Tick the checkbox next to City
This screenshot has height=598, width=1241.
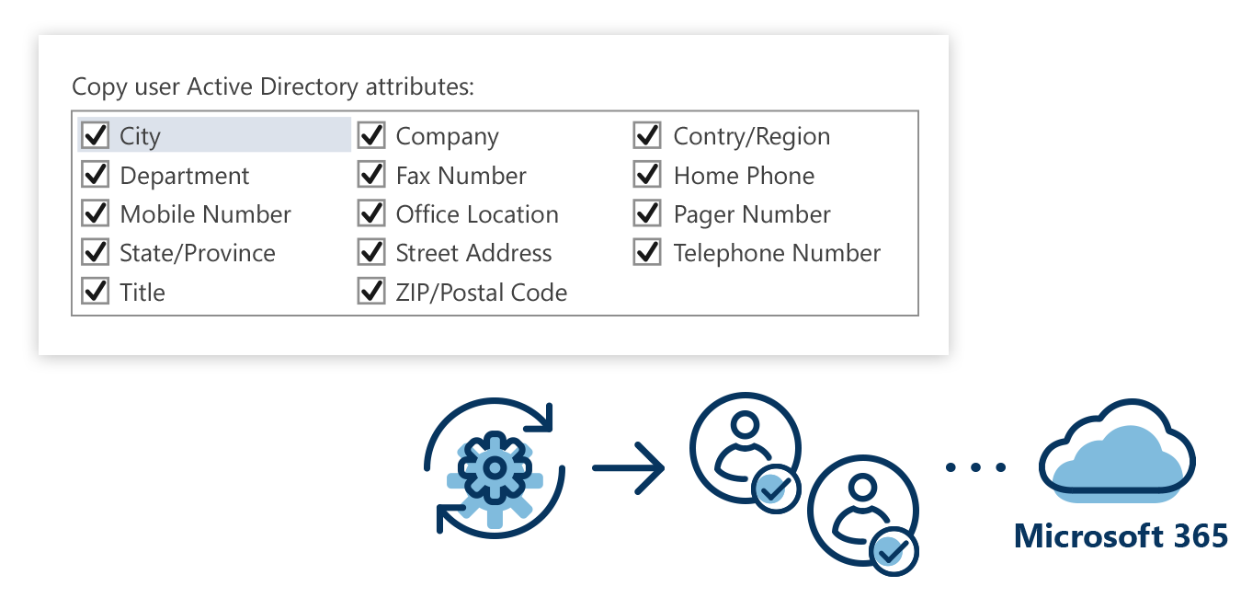click(96, 136)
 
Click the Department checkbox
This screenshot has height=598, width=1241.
click(96, 175)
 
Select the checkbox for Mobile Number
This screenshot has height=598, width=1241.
click(96, 213)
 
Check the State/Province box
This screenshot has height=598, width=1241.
click(96, 252)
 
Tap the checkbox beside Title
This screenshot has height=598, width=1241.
click(96, 292)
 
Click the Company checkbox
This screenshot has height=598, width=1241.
click(371, 136)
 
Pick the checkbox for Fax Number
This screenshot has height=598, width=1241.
click(371, 175)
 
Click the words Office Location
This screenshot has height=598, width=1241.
click(477, 214)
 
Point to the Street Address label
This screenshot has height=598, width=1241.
click(473, 253)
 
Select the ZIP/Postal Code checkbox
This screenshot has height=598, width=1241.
click(371, 292)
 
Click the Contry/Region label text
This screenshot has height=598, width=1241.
click(751, 136)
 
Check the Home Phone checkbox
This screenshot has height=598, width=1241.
click(647, 175)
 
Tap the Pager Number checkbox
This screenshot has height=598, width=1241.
click(647, 213)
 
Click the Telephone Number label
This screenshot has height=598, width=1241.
click(777, 253)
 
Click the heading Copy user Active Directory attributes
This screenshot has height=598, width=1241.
click(273, 87)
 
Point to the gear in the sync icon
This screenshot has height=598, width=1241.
click(495, 470)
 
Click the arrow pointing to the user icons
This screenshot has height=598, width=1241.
click(629, 468)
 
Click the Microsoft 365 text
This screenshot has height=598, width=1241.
click(1121, 535)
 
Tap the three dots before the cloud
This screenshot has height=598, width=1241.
click(975, 467)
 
